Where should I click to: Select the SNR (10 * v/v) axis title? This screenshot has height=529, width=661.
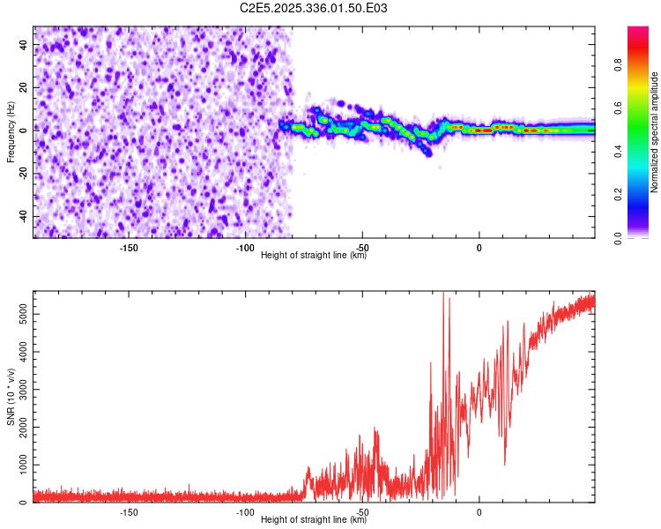11,397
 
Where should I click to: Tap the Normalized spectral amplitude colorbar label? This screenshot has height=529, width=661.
654,132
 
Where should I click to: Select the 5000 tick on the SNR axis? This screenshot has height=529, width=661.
18,313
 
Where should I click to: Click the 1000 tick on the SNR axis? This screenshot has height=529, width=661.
18,465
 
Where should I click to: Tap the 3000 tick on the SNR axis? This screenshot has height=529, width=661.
18,389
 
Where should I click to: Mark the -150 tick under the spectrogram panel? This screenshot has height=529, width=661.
129,248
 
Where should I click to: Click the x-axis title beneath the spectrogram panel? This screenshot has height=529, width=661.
314,257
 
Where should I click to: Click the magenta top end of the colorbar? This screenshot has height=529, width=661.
639,31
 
